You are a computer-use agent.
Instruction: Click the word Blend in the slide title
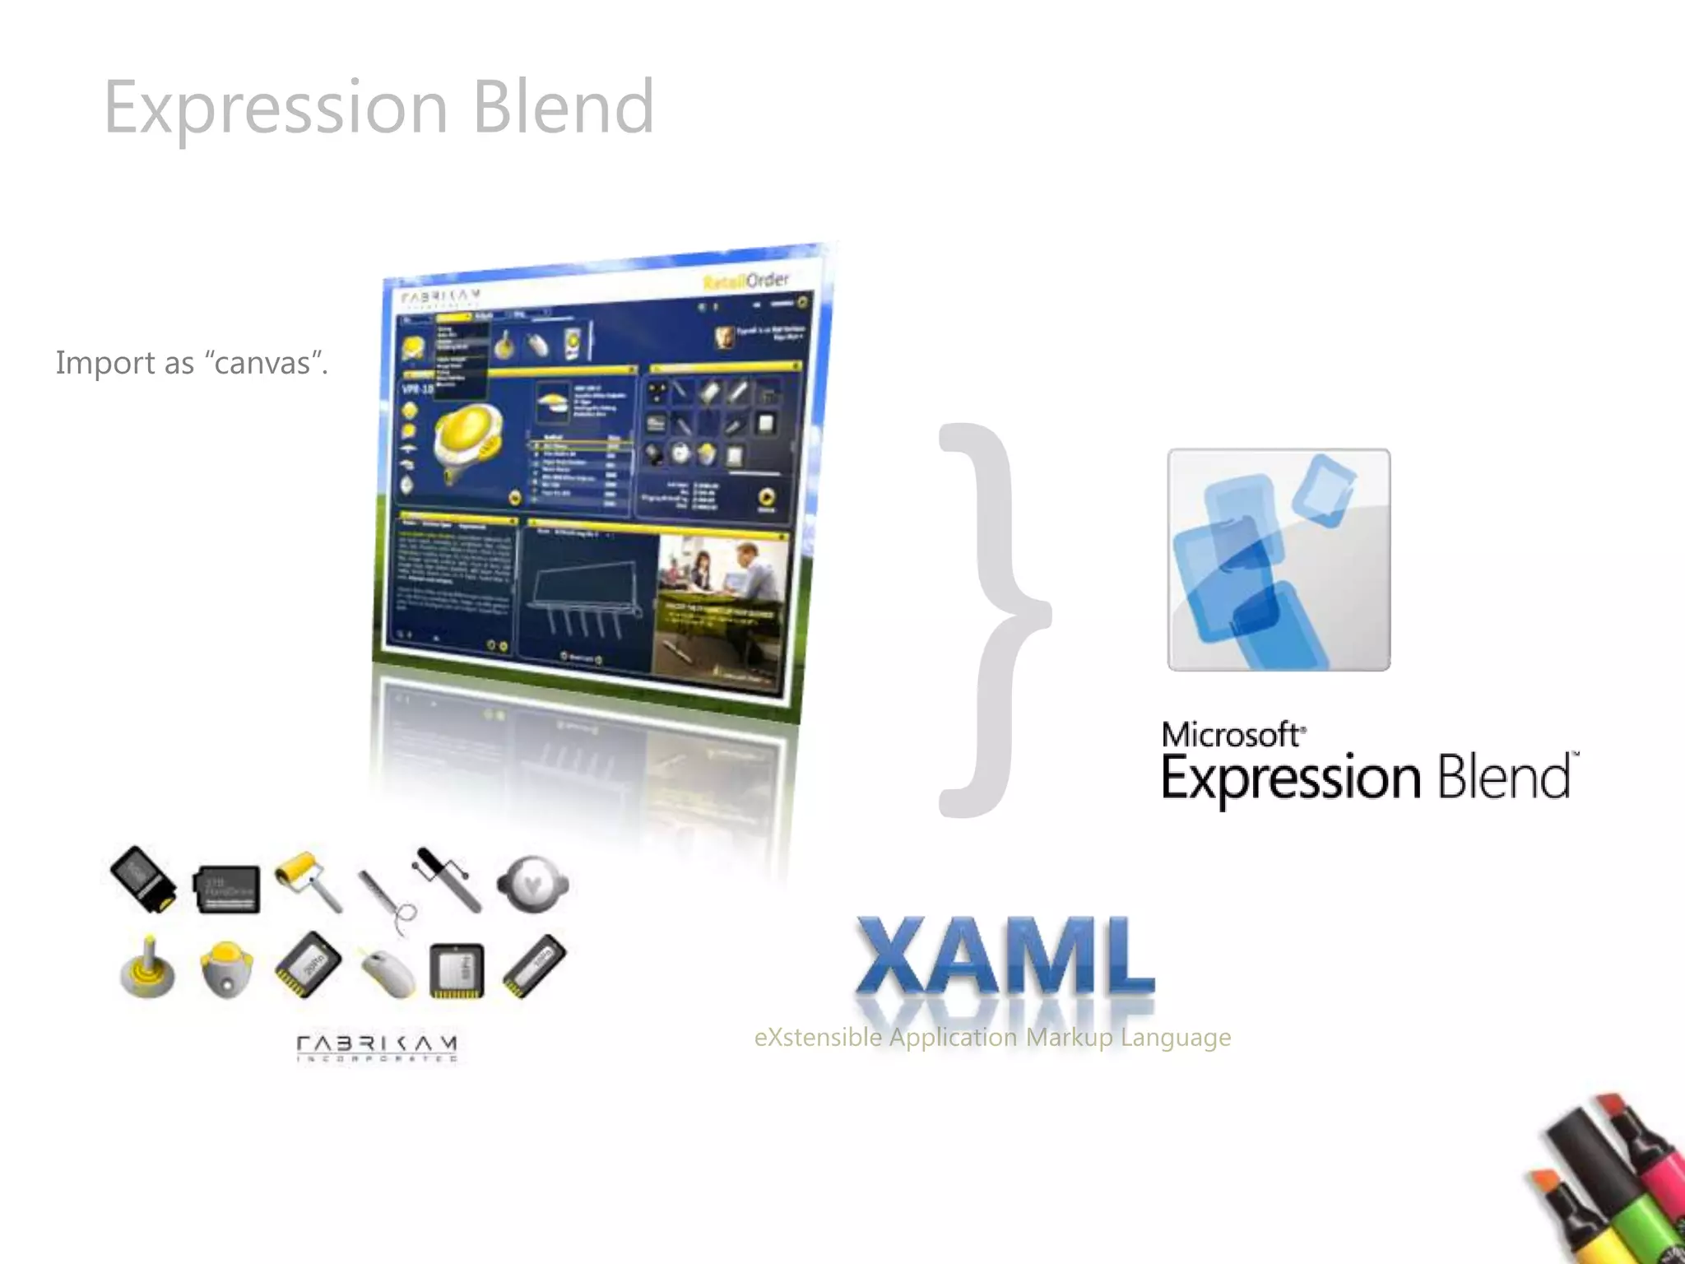(x=564, y=107)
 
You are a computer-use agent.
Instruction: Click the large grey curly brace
(x=991, y=617)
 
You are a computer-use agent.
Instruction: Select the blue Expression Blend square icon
(x=1279, y=560)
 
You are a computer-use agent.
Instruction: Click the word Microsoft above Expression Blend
(x=1231, y=735)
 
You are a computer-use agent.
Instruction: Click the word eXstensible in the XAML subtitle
(x=818, y=1038)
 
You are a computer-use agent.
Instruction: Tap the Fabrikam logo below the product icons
(x=377, y=1048)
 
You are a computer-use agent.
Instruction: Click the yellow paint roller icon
(x=307, y=881)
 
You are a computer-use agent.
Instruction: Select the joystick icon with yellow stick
(x=147, y=969)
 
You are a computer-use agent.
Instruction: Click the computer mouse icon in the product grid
(x=387, y=972)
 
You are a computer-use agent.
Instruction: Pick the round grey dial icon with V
(x=532, y=885)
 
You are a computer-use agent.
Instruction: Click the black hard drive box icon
(x=227, y=890)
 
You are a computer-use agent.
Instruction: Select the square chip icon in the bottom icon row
(x=457, y=969)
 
